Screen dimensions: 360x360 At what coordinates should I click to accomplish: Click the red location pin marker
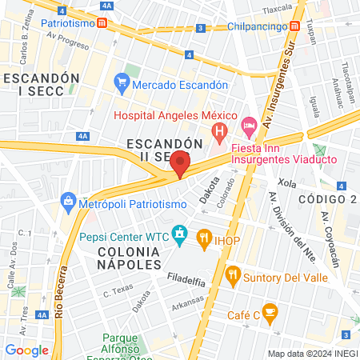point(180,164)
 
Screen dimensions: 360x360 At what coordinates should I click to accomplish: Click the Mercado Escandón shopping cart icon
point(122,82)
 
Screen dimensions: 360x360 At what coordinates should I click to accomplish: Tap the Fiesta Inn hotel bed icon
point(249,124)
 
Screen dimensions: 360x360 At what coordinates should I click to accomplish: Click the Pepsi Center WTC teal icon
point(180,235)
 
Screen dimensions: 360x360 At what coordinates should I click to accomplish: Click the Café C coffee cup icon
point(270,311)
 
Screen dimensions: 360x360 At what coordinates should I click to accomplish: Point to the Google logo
point(26,350)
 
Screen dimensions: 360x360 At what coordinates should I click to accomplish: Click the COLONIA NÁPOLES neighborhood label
point(129,257)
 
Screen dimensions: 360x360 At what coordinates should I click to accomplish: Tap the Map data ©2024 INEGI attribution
point(311,354)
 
